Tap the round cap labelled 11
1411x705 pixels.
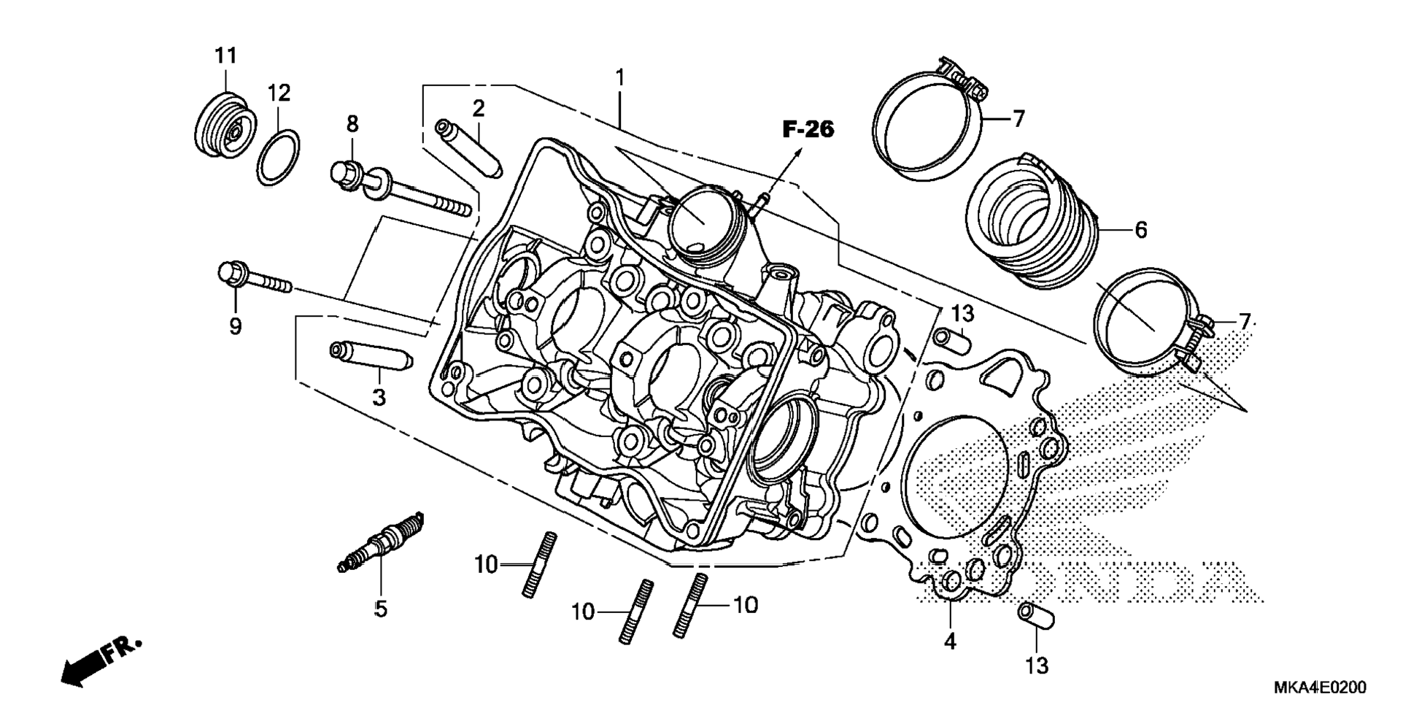point(227,125)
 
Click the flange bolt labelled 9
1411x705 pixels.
point(255,278)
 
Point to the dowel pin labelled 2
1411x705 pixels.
point(468,148)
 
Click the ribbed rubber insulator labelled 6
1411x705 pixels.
point(1032,223)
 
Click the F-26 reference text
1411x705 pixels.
point(808,129)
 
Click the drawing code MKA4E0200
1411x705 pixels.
point(1320,687)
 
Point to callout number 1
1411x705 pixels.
point(620,77)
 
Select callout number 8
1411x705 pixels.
point(352,124)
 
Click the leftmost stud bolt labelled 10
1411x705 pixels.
point(539,566)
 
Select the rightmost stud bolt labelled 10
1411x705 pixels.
point(691,607)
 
